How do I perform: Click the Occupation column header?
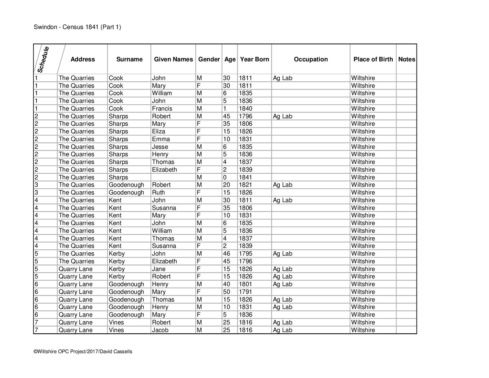(311, 59)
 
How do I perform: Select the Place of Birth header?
(373, 59)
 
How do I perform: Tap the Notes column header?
(406, 59)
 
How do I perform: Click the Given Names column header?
(173, 59)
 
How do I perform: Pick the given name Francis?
(162, 109)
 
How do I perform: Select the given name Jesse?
(160, 147)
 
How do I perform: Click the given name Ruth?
(158, 192)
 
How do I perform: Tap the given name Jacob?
(160, 330)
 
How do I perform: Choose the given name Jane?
(159, 269)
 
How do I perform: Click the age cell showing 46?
(226, 254)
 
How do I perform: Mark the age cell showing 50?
(226, 292)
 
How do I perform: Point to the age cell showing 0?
(225, 177)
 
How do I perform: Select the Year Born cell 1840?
(246, 109)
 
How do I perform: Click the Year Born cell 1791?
(246, 292)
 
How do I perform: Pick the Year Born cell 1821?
(246, 185)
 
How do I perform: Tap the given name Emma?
(161, 139)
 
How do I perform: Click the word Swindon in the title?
(45, 27)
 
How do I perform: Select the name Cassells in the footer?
(123, 352)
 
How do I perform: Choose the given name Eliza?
(158, 132)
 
